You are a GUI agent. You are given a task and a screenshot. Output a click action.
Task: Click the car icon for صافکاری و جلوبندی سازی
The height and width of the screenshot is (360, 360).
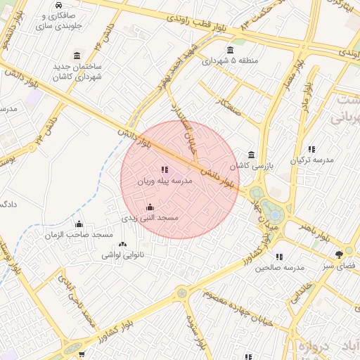click(56, 6)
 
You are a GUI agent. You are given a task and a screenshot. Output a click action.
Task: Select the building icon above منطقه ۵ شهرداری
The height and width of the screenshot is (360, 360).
click(231, 49)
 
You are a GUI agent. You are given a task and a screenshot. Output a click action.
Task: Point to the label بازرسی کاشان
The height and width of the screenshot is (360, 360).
click(252, 166)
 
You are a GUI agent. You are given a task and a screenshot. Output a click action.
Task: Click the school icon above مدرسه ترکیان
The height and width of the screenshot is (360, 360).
click(311, 149)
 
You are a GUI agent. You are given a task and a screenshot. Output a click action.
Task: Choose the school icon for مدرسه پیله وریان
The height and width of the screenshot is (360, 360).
click(165, 169)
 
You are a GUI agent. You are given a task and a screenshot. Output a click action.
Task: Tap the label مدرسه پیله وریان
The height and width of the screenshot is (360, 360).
click(164, 181)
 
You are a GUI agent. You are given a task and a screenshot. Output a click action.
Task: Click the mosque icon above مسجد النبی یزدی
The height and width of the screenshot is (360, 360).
click(150, 207)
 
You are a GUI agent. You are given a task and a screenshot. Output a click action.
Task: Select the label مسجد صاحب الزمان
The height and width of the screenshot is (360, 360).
click(79, 234)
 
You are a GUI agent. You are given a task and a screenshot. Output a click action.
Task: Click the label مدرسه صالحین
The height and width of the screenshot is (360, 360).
click(279, 268)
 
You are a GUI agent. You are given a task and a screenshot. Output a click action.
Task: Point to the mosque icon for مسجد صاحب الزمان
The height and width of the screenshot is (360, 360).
click(79, 224)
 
